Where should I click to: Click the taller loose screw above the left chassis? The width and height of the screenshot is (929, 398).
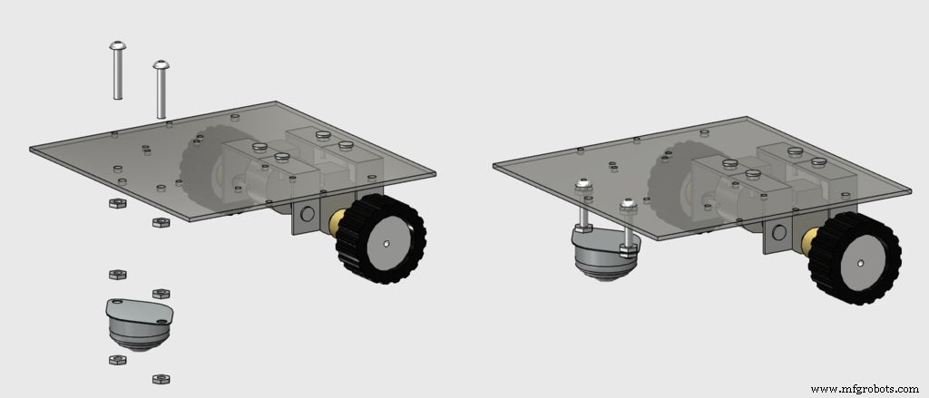[x=116, y=73]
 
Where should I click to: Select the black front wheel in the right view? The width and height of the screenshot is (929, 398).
[x=854, y=258]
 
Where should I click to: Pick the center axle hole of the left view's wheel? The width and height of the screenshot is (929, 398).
[x=387, y=243]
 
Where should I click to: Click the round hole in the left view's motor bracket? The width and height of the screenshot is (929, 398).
[x=307, y=214]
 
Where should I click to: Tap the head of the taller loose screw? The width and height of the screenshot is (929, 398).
[x=116, y=45]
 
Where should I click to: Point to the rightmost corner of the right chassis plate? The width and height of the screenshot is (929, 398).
[x=910, y=189]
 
